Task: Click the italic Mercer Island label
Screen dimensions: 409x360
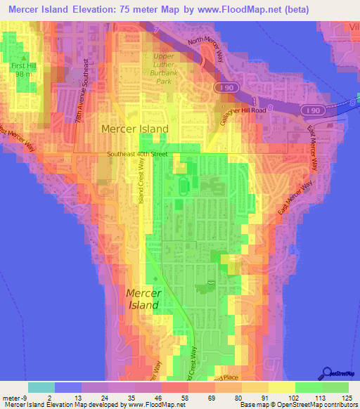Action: click(x=143, y=299)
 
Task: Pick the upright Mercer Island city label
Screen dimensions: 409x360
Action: click(x=135, y=129)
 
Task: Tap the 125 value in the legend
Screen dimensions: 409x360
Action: click(x=343, y=397)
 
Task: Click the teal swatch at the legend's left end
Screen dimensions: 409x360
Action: click(x=41, y=387)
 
